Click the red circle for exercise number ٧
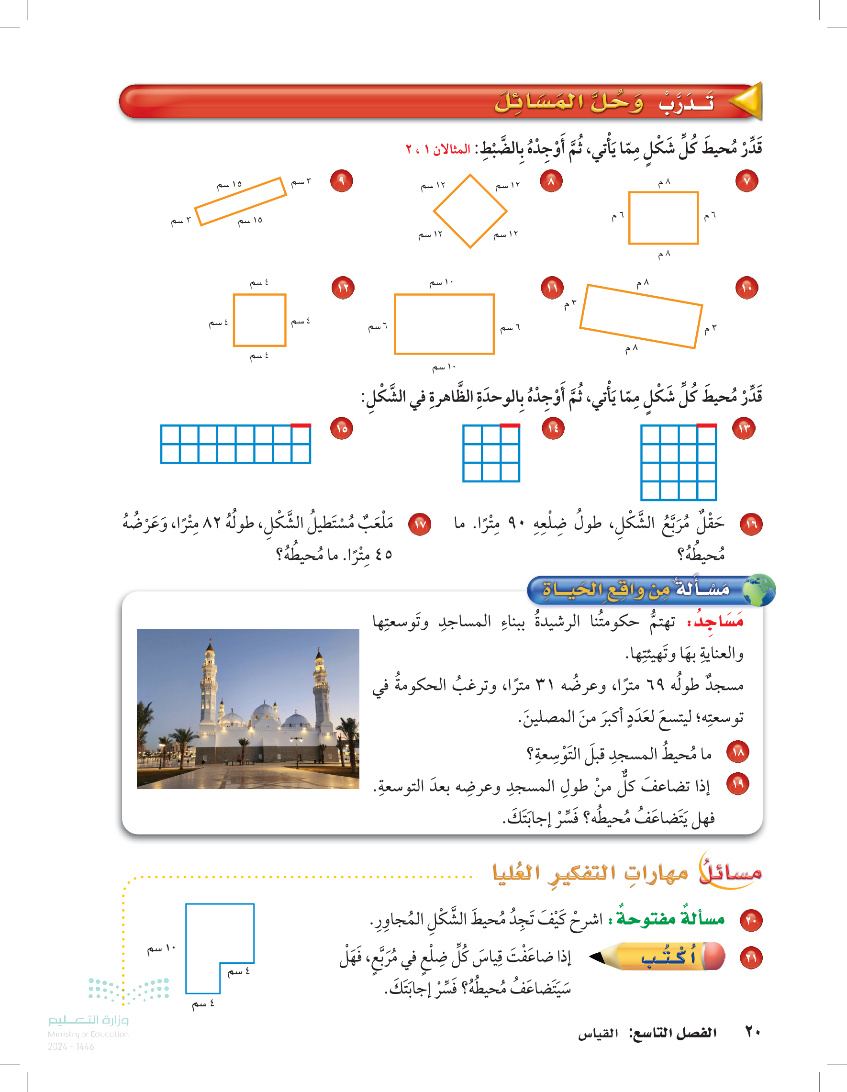click(x=747, y=181)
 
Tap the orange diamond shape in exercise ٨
click(x=470, y=211)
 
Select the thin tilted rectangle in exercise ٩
click(x=241, y=201)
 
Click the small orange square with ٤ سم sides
click(x=259, y=320)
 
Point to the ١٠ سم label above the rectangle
click(x=442, y=282)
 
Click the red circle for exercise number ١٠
click(x=747, y=288)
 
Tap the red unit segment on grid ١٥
click(x=301, y=425)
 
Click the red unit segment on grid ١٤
click(x=510, y=425)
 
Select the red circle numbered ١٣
click(x=744, y=428)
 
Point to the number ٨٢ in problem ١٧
click(x=212, y=523)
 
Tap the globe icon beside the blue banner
click(x=759, y=590)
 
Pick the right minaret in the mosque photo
click(x=320, y=688)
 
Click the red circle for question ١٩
click(x=738, y=783)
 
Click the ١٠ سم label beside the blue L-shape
click(x=161, y=948)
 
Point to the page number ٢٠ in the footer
click(x=753, y=1032)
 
